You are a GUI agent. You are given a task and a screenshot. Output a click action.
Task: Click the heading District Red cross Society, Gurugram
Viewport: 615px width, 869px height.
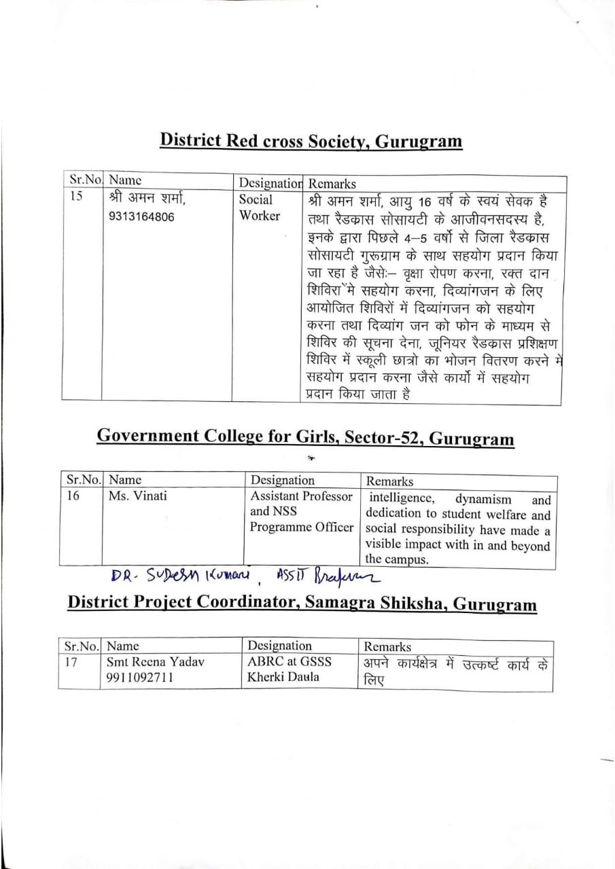311,141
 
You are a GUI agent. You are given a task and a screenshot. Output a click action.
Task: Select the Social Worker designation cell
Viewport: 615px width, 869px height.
259,208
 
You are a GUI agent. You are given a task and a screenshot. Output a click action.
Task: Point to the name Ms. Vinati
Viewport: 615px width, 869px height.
137,496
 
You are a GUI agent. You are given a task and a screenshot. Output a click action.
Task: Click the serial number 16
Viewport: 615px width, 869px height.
73,496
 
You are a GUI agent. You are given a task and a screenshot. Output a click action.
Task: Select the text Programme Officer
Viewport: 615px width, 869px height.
302,528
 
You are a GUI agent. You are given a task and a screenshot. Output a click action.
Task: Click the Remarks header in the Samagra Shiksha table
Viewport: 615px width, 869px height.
387,647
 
